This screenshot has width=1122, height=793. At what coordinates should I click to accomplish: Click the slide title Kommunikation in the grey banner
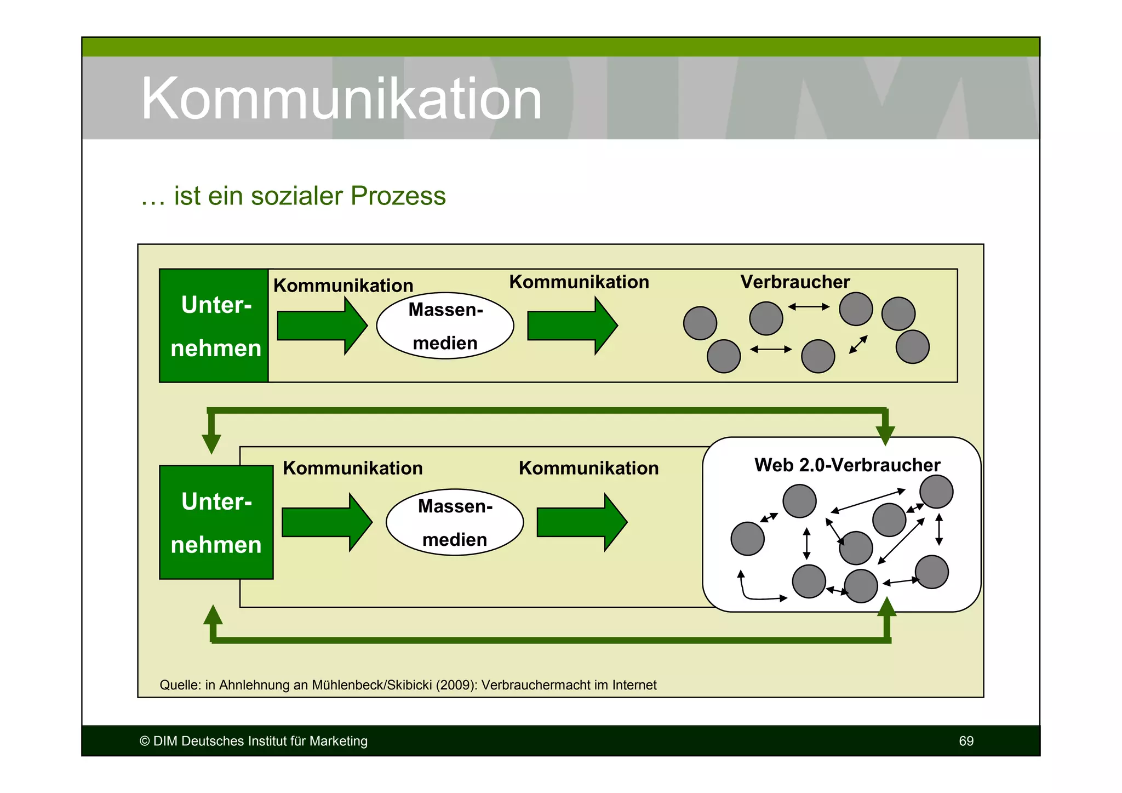[341, 99]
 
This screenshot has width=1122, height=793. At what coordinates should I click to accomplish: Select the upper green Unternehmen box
[214, 326]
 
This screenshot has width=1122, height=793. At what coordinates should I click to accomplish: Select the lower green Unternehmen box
[216, 522]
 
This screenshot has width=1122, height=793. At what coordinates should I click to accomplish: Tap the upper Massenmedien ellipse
[445, 326]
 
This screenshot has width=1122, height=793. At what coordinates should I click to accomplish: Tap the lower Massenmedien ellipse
[454, 522]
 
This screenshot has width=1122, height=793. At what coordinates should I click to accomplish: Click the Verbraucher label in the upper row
[794, 282]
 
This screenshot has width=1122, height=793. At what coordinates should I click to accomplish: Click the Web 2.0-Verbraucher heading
[846, 465]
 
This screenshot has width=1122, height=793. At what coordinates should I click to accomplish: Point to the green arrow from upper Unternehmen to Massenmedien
[321, 326]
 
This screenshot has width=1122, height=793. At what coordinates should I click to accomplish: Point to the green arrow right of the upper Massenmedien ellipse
[571, 326]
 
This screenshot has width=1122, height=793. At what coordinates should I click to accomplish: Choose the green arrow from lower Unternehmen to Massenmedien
[326, 522]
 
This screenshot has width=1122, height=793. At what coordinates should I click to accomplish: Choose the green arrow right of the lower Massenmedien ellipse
[581, 522]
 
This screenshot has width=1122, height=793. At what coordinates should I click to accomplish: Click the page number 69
[966, 741]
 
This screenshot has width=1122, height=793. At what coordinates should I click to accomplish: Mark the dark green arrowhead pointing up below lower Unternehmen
[213, 616]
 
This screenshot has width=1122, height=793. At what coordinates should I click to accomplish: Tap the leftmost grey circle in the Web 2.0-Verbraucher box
[747, 539]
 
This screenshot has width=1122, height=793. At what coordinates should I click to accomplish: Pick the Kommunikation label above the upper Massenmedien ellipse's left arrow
[343, 286]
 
